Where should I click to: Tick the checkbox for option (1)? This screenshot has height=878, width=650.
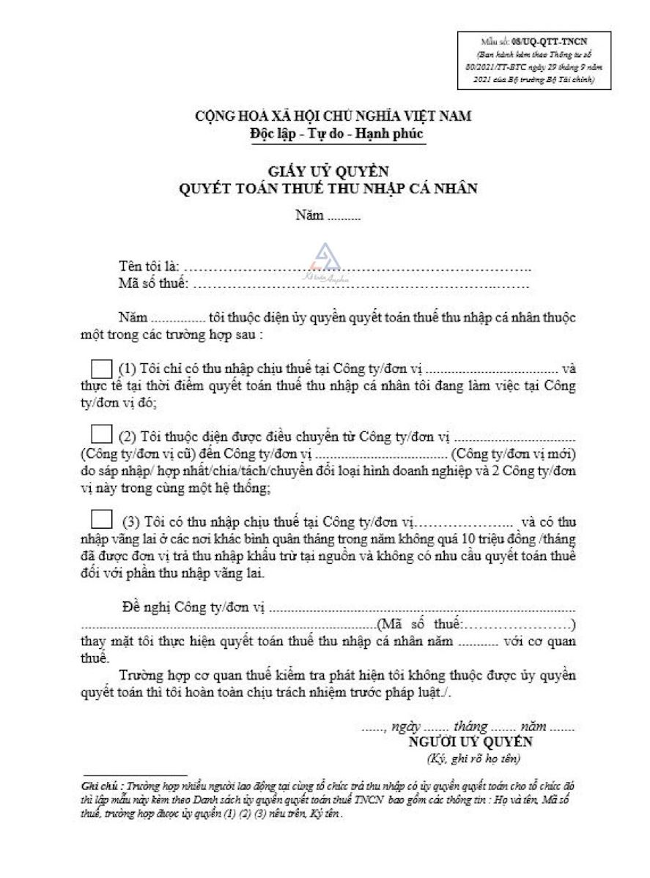point(100,368)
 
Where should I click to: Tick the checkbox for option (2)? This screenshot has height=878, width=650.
point(100,436)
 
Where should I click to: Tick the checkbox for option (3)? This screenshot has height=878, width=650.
point(100,521)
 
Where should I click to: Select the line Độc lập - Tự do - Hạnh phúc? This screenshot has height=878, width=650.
point(336,134)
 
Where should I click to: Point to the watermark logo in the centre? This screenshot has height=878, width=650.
point(322,258)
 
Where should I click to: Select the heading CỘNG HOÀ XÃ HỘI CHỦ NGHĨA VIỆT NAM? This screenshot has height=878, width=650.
point(333,116)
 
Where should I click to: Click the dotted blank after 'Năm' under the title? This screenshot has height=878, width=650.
point(344,216)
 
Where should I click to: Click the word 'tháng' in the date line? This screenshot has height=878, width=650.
point(470,726)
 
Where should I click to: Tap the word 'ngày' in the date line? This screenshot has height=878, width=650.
point(406,726)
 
